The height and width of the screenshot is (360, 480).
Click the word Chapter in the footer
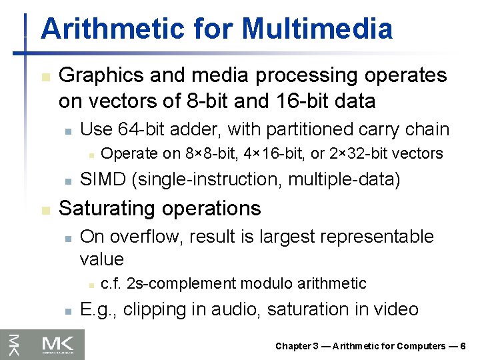pos(293,346)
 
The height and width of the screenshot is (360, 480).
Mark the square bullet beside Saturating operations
pos(45,209)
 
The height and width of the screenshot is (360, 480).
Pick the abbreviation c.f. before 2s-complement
pos(110,284)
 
